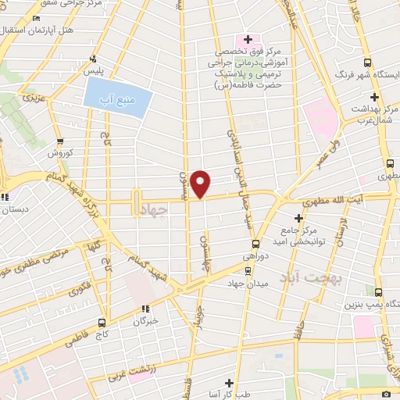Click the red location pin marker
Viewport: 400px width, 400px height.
(x=202, y=183)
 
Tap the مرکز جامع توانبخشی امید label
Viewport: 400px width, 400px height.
(x=305, y=237)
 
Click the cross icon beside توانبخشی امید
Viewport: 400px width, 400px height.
(x=298, y=218)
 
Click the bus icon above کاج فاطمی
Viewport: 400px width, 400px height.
(x=102, y=322)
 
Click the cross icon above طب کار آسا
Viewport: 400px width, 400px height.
(x=228, y=383)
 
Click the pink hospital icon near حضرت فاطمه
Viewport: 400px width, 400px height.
(x=248, y=39)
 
